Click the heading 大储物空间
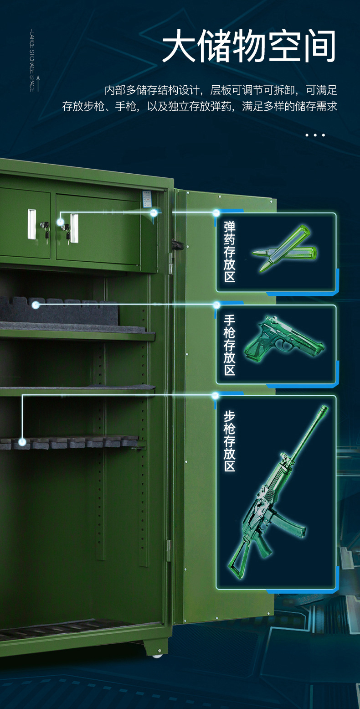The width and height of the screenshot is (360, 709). pos(249,47)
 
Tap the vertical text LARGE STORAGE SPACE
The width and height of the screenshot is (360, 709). pos(32,60)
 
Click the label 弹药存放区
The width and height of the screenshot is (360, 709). pos(230,252)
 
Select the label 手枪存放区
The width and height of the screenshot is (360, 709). pos(230,344)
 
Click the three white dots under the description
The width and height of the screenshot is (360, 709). pos(315,135)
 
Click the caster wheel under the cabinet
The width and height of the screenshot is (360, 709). pos(157,656)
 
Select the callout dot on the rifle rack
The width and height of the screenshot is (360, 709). pos(22,441)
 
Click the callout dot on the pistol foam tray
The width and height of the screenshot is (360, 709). pos(36,305)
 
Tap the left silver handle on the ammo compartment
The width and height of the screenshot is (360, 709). pos(31,224)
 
